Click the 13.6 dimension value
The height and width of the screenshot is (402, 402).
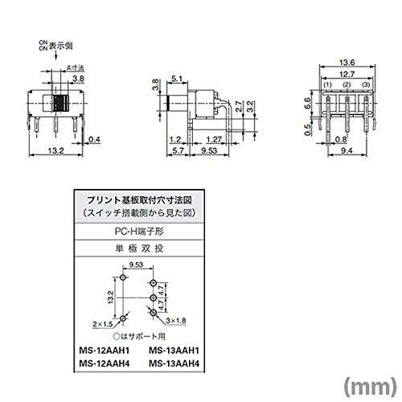tap(347, 63)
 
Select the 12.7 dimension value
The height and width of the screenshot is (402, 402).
tap(347, 74)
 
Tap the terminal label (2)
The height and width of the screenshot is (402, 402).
tap(347, 85)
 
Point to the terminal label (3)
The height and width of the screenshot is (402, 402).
tap(366, 85)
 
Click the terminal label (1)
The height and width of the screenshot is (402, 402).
tap(327, 85)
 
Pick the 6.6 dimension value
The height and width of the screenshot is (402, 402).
tap(307, 103)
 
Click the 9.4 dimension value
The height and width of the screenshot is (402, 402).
tap(347, 150)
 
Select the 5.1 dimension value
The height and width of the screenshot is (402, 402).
tap(177, 79)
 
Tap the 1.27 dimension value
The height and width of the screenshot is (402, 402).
tap(214, 139)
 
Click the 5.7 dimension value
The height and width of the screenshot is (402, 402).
tap(178, 150)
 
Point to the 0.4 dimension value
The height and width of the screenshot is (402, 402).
tap(94, 139)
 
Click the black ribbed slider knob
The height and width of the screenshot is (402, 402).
tap(61, 103)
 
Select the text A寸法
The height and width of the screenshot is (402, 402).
tap(76, 68)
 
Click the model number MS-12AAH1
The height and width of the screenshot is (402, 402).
tap(105, 351)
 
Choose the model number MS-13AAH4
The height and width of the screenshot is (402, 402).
tap(174, 363)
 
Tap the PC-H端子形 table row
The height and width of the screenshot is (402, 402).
tap(139, 232)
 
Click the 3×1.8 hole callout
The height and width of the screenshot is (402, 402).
tap(176, 321)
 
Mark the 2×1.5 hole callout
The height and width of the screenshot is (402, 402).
tap(103, 324)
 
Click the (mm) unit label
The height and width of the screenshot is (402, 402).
tap(370, 386)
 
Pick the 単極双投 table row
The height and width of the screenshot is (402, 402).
tap(139, 248)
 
